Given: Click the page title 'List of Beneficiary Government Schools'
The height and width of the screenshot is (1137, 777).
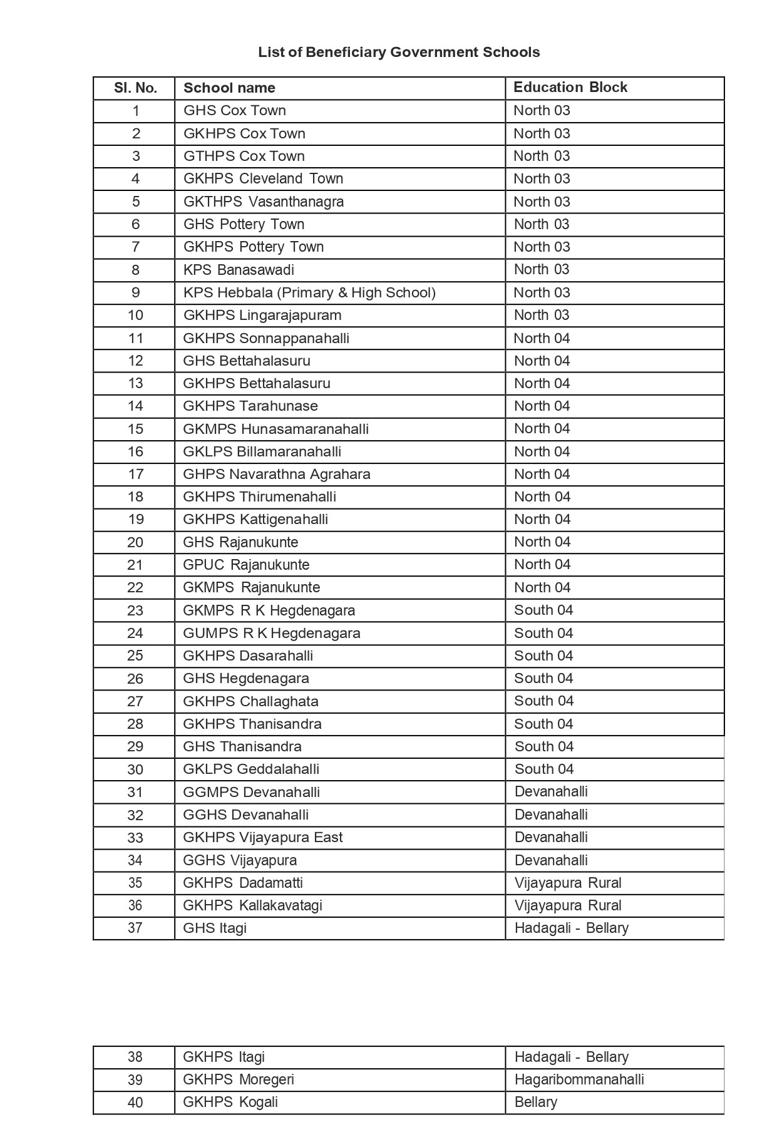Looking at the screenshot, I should point(399,52).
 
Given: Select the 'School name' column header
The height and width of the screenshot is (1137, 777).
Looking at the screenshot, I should point(229,88).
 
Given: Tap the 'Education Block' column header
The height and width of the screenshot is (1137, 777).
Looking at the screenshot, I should point(570,87).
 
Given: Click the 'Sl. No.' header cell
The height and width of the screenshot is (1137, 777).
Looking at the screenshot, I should point(135,88).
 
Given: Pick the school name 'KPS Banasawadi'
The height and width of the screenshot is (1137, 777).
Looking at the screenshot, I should point(239,270).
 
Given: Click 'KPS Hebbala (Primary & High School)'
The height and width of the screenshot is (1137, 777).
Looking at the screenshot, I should point(309,292).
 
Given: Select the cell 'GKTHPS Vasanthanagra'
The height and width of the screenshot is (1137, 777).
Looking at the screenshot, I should point(264,202).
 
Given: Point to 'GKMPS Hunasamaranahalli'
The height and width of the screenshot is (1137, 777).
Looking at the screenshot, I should point(275,429).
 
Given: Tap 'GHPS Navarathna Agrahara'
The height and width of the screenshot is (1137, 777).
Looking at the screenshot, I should point(276,474).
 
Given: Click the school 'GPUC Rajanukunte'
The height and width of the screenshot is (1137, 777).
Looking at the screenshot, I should point(246,565).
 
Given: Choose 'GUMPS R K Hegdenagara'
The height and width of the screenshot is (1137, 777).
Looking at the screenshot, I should point(271,633).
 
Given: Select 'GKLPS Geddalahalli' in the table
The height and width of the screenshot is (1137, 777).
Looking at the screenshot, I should point(251,769).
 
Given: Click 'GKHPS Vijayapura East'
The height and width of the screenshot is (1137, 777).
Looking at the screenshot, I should point(262,837).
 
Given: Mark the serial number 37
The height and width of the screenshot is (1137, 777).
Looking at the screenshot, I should point(135,928).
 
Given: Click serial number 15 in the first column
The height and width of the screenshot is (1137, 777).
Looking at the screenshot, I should point(135,429).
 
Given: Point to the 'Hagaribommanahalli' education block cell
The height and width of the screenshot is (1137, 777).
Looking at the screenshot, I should point(579,1079).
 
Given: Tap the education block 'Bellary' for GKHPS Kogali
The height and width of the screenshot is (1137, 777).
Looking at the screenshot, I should point(535,1102).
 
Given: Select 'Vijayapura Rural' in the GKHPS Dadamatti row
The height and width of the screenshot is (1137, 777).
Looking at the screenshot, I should point(567,883).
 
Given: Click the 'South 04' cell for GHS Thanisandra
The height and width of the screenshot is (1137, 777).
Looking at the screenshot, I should point(543,746).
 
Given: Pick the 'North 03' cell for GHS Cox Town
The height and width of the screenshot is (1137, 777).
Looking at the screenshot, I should point(542,110).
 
